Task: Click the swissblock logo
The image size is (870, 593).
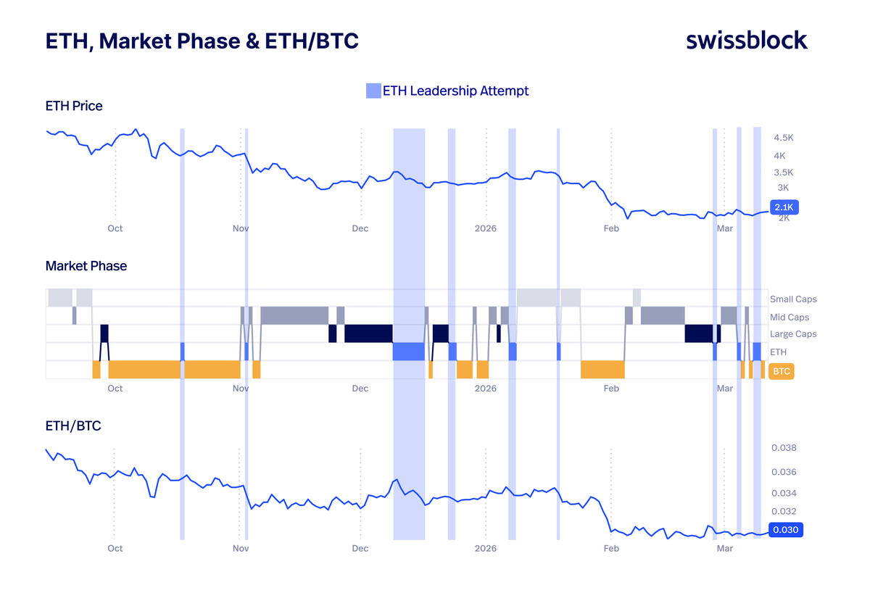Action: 746,41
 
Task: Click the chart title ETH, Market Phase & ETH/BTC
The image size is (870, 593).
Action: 202,41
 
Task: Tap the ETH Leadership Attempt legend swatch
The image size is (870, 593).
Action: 373,91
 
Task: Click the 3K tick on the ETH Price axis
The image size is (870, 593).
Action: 784,188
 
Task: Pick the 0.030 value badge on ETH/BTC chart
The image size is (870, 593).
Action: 785,530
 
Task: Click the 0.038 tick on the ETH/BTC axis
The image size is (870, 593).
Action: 784,448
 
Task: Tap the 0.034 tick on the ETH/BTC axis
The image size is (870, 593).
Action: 784,494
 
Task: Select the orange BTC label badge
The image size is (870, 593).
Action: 782,371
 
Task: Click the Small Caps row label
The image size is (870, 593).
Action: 793,299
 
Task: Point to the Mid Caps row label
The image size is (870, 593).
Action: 790,318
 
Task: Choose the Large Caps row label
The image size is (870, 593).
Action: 793,334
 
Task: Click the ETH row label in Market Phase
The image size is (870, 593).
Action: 778,352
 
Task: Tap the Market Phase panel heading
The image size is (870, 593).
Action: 86,266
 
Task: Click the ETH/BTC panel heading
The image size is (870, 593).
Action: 73,426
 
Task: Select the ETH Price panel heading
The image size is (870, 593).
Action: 74,106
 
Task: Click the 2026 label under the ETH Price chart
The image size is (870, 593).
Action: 486,228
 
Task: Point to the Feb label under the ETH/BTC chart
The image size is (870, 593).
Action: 611,549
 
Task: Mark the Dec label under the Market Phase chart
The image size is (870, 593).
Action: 360,389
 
